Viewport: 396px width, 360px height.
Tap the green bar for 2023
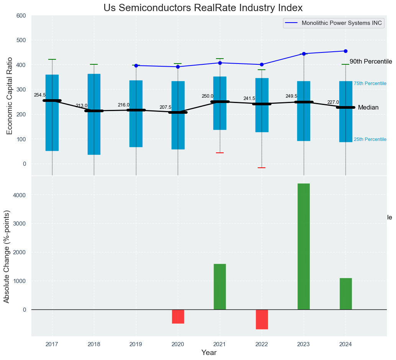click(304, 246)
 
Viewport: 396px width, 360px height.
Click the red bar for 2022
click(262, 319)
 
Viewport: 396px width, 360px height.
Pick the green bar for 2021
click(220, 286)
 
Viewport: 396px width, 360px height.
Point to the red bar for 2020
click(178, 316)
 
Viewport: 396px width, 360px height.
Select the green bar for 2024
click(345, 294)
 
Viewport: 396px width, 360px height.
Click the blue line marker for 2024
click(345, 51)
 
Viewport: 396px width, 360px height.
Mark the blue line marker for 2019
click(136, 65)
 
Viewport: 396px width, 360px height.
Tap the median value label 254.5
click(40, 95)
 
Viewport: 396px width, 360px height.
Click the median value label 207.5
click(165, 108)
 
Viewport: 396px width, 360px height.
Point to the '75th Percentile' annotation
click(370, 83)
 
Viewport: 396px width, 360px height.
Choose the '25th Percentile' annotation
click(370, 139)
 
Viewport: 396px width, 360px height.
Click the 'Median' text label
click(368, 108)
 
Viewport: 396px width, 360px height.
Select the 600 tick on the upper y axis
click(21, 16)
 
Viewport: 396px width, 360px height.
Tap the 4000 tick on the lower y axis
click(20, 195)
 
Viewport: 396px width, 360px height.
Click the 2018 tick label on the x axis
click(94, 344)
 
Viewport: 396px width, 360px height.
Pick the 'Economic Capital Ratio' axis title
click(10, 96)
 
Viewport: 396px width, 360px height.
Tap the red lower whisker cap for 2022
click(262, 168)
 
